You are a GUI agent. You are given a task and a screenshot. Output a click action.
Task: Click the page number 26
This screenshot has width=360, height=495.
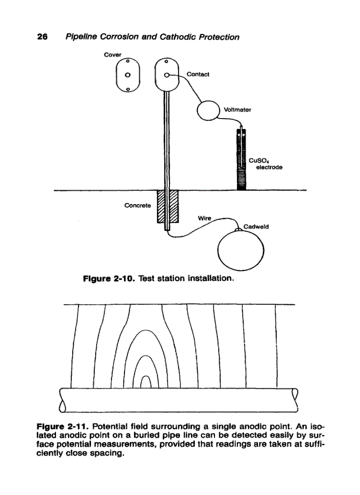click(42, 37)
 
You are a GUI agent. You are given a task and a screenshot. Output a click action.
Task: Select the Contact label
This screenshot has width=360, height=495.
click(198, 74)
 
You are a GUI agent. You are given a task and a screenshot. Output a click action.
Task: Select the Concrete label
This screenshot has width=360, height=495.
click(137, 205)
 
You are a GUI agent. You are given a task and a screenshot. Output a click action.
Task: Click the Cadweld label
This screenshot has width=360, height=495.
click(256, 227)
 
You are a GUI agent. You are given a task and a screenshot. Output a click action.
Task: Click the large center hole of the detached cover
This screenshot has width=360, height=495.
click(127, 74)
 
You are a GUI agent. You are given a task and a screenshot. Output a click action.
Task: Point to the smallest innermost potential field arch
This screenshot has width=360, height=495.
click(146, 382)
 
